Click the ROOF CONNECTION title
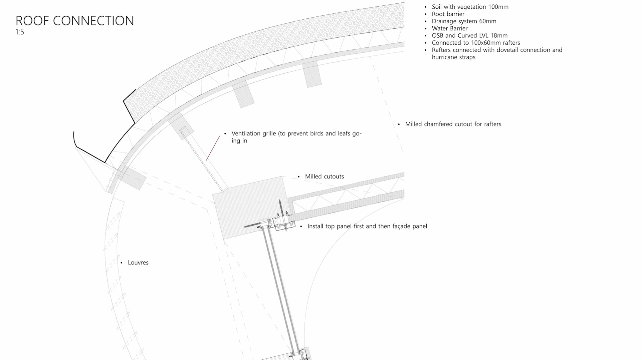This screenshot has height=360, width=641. (x=75, y=21)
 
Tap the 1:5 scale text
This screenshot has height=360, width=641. (x=20, y=32)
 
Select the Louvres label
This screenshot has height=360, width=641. (x=138, y=263)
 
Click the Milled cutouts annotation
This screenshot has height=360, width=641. (x=324, y=176)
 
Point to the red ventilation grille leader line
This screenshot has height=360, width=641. (x=213, y=148)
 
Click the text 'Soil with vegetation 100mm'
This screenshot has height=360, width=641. (x=470, y=7)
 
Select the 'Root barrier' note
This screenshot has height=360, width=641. (x=448, y=14)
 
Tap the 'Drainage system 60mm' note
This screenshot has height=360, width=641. (x=464, y=21)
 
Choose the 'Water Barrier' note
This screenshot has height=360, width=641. (x=449, y=28)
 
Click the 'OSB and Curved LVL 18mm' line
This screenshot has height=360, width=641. (x=469, y=36)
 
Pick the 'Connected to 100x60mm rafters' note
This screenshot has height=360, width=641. (x=476, y=43)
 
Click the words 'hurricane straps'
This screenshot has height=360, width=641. (x=453, y=57)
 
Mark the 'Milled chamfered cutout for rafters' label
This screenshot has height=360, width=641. (x=453, y=124)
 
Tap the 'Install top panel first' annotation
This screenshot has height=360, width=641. (x=367, y=226)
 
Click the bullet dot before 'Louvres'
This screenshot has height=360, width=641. (x=121, y=263)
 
